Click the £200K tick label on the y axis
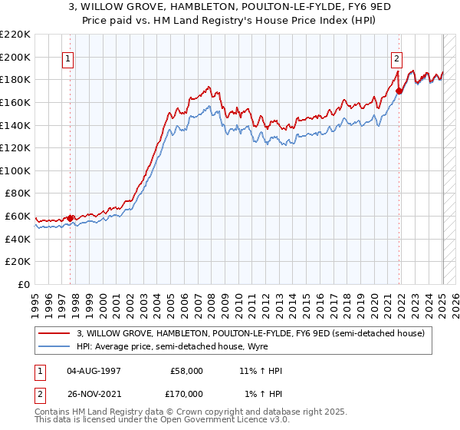[x=15, y=57]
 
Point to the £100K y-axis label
[x=15, y=170]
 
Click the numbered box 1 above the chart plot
[x=68, y=58]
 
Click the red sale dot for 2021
[x=399, y=91]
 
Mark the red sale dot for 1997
[x=70, y=218]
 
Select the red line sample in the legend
[x=55, y=332]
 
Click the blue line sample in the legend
[x=55, y=346]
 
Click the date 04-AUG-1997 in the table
[x=94, y=371]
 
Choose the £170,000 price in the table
[x=186, y=394]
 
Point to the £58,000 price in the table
[x=186, y=371]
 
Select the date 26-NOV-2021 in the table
[x=94, y=394]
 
